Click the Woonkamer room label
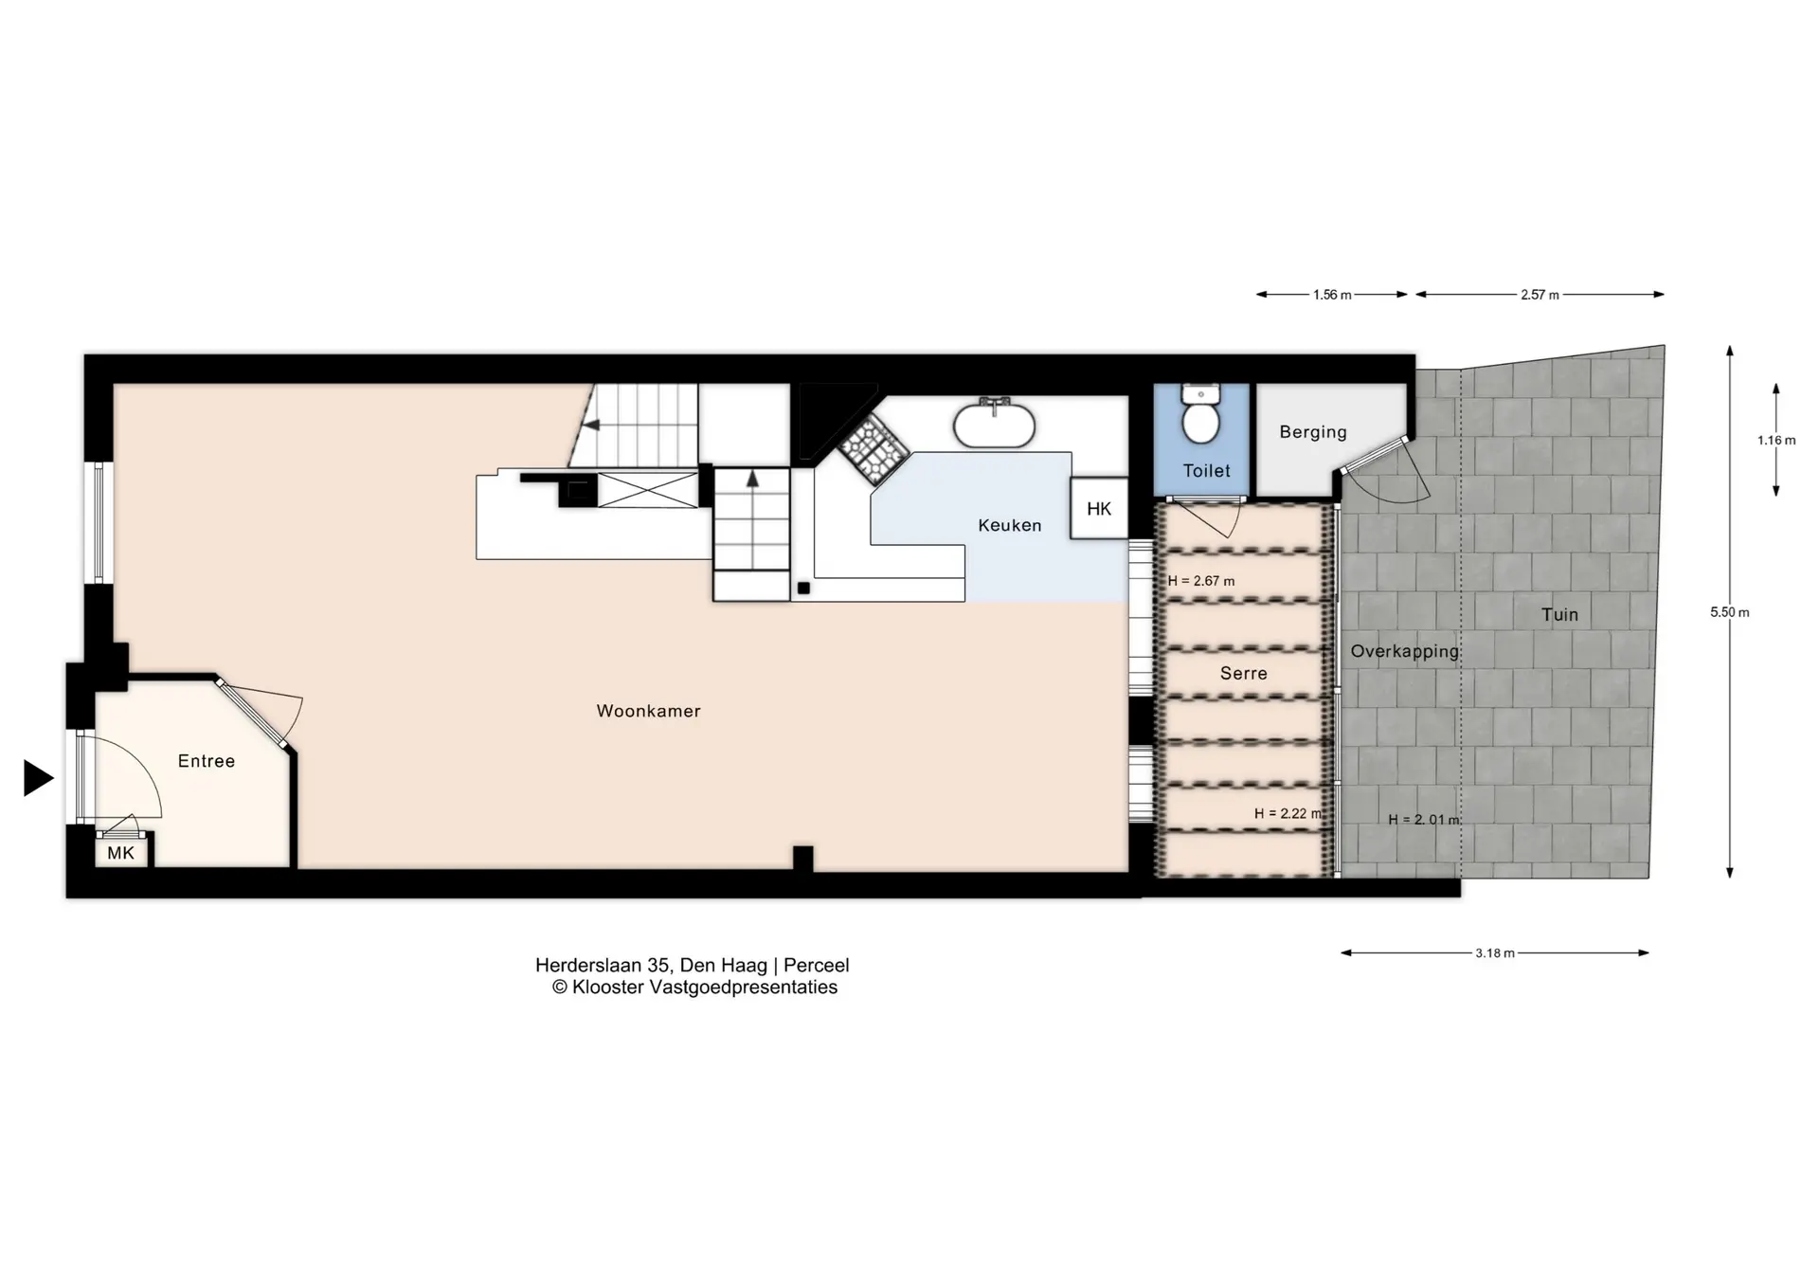coord(648,711)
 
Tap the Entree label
coord(207,761)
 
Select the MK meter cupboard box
coord(121,852)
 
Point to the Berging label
coord(1313,432)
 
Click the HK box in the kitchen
coord(1099,509)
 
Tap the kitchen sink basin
coord(993,426)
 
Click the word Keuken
coord(1010,525)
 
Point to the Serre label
coord(1244,673)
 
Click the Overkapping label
coord(1405,652)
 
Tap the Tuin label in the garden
coord(1559,615)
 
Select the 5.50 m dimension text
coord(1730,612)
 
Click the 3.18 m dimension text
coord(1495,953)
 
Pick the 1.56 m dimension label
coord(1332,295)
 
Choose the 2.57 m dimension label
coord(1540,295)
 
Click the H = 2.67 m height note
coord(1201,581)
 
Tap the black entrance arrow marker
coord(38,778)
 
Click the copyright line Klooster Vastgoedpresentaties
coord(694,988)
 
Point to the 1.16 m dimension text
coord(1776,440)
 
